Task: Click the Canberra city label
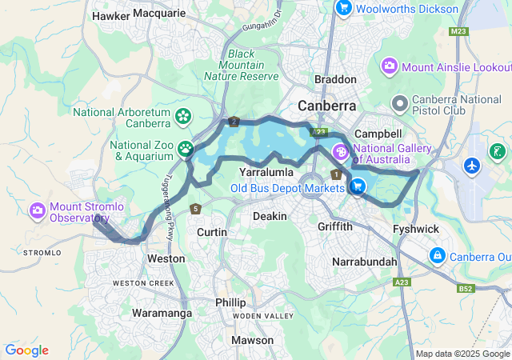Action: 326,106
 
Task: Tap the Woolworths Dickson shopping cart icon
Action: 344,8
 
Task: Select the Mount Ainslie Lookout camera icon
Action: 390,65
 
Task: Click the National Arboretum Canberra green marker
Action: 183,118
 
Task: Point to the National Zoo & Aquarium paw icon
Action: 186,149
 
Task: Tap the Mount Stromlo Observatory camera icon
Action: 37,210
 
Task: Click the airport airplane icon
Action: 472,166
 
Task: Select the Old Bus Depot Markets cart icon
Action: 357,187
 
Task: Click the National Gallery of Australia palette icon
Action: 340,151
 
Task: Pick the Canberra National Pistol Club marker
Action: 399,103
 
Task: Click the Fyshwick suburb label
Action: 416,229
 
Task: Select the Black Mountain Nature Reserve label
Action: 241,66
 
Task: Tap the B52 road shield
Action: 466,288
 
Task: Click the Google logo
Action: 26,350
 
